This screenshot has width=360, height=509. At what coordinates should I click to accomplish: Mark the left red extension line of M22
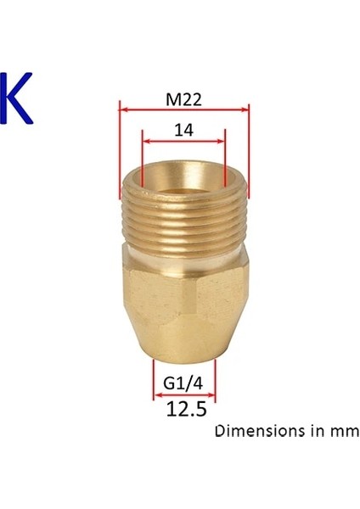[x=120, y=148]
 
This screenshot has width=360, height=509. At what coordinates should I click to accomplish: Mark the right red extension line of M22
[x=250, y=148]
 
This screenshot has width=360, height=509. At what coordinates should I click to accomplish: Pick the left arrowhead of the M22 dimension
[x=123, y=108]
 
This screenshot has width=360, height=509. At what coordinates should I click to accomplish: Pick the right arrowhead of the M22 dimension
[x=246, y=108]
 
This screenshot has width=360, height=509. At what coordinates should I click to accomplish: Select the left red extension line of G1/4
[x=153, y=378]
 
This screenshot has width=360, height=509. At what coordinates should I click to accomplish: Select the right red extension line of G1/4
[x=216, y=378]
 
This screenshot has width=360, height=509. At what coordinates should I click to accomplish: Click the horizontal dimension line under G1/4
[x=184, y=394]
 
